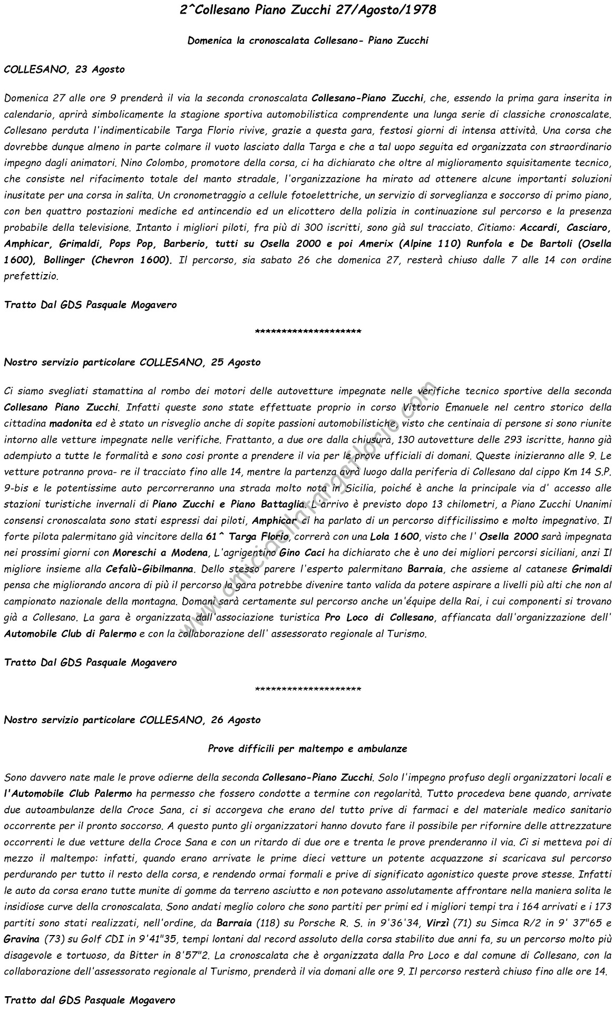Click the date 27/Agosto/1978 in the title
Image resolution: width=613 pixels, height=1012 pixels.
point(385,9)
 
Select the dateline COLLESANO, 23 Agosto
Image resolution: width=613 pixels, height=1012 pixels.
point(64,69)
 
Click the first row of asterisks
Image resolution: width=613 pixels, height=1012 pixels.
point(307,332)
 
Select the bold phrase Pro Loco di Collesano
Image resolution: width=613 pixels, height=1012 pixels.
point(380,617)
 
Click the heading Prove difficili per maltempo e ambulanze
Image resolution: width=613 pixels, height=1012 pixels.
point(307,748)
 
